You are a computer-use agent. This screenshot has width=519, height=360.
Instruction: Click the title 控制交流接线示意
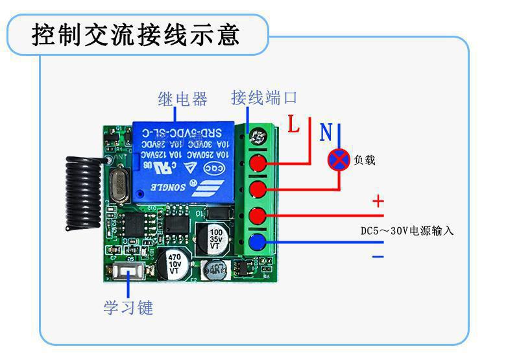pos(136,34)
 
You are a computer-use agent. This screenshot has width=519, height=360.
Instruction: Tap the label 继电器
pos(182,99)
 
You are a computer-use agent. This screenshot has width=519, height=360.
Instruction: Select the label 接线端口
pos(264,98)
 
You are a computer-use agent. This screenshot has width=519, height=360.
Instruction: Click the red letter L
pos(294,125)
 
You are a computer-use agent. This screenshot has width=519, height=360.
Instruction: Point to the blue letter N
pos(326,132)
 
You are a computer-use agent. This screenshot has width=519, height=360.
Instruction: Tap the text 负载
pos(365,160)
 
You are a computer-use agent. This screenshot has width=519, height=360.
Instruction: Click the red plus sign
pos(378,201)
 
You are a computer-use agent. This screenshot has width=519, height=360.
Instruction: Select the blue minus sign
pos(378,256)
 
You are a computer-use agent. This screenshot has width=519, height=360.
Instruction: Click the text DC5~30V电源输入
pos(407,231)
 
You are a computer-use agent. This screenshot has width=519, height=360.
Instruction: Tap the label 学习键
pos(128,307)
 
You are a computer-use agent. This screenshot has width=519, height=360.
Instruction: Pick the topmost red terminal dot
pos(259,163)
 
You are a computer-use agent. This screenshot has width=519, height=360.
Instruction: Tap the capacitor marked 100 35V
pos(217,238)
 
